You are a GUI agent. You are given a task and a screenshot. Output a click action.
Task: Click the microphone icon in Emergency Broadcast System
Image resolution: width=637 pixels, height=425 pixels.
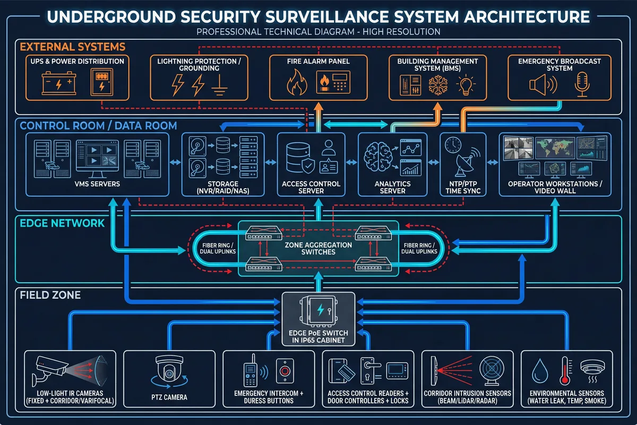[x=582, y=85]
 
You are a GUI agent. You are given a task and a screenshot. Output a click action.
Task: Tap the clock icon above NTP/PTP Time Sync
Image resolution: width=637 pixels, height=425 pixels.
[x=453, y=145]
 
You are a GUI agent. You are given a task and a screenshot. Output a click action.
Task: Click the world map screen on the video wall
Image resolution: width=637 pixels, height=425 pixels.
[x=555, y=147]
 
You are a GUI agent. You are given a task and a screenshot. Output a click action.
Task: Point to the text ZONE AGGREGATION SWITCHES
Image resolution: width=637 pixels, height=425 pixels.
[x=318, y=248]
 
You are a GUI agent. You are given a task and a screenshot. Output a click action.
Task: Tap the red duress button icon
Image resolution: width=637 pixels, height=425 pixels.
[x=285, y=370]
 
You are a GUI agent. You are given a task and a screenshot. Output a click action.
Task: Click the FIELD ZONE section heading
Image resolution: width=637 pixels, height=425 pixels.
[x=50, y=294]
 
